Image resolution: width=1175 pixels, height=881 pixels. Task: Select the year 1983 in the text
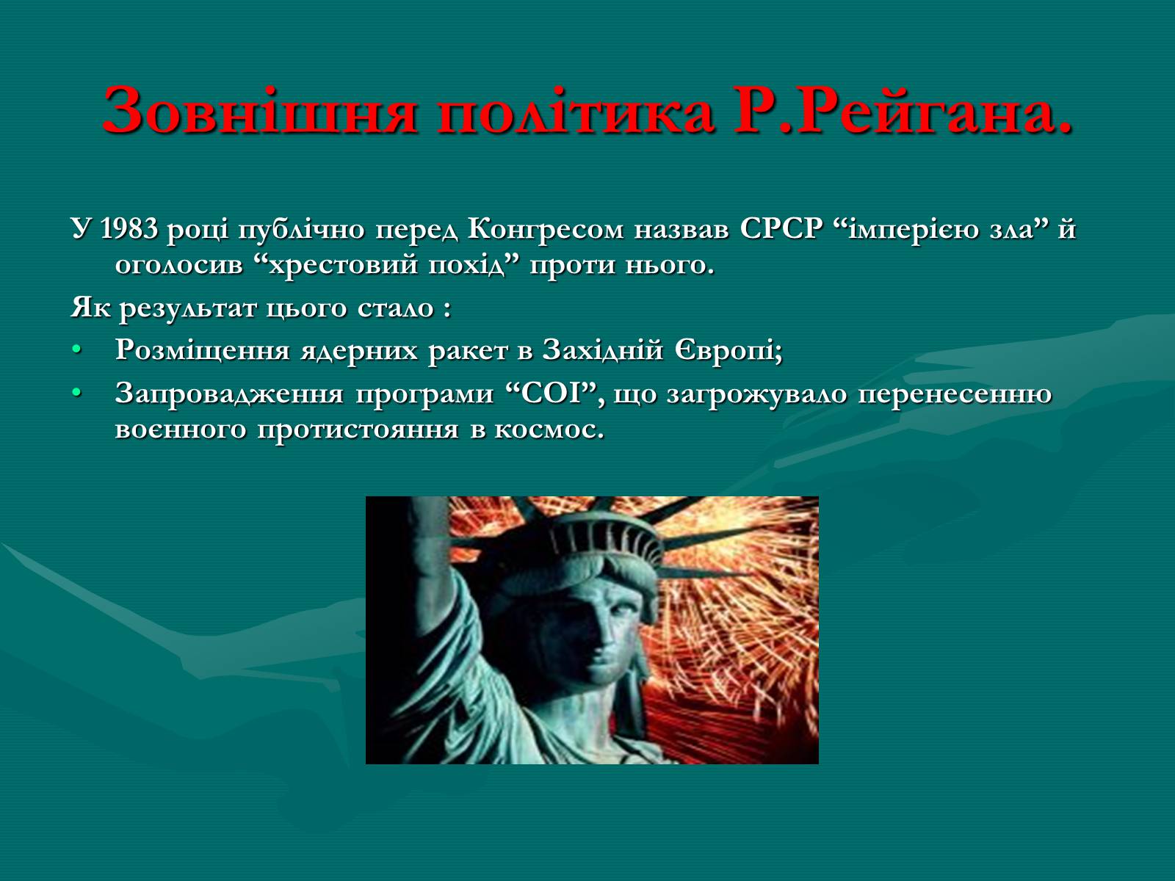(x=129, y=229)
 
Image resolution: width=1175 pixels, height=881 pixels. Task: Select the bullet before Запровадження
(x=77, y=394)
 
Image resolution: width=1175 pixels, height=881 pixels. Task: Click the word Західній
(x=603, y=351)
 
